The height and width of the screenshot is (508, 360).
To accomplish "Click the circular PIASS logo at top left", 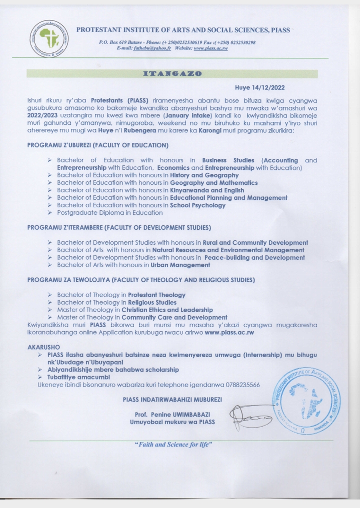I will coord(49,38).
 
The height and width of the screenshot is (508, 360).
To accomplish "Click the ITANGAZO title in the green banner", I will coord(172,73).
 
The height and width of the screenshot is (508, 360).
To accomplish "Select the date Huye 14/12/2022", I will coord(259,88).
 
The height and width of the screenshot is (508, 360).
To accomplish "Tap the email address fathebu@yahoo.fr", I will coord(152,48).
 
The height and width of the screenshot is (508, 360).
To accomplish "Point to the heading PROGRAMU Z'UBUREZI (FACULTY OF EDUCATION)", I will coord(97,145).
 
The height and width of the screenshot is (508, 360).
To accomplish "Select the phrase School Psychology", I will coord(197,205).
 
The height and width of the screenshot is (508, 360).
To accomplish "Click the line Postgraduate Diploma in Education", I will coord(109,213).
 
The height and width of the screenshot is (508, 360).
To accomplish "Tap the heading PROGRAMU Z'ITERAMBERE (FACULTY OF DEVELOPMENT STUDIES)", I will coord(119,228).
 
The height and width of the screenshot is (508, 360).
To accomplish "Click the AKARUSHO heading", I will coord(43,346).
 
